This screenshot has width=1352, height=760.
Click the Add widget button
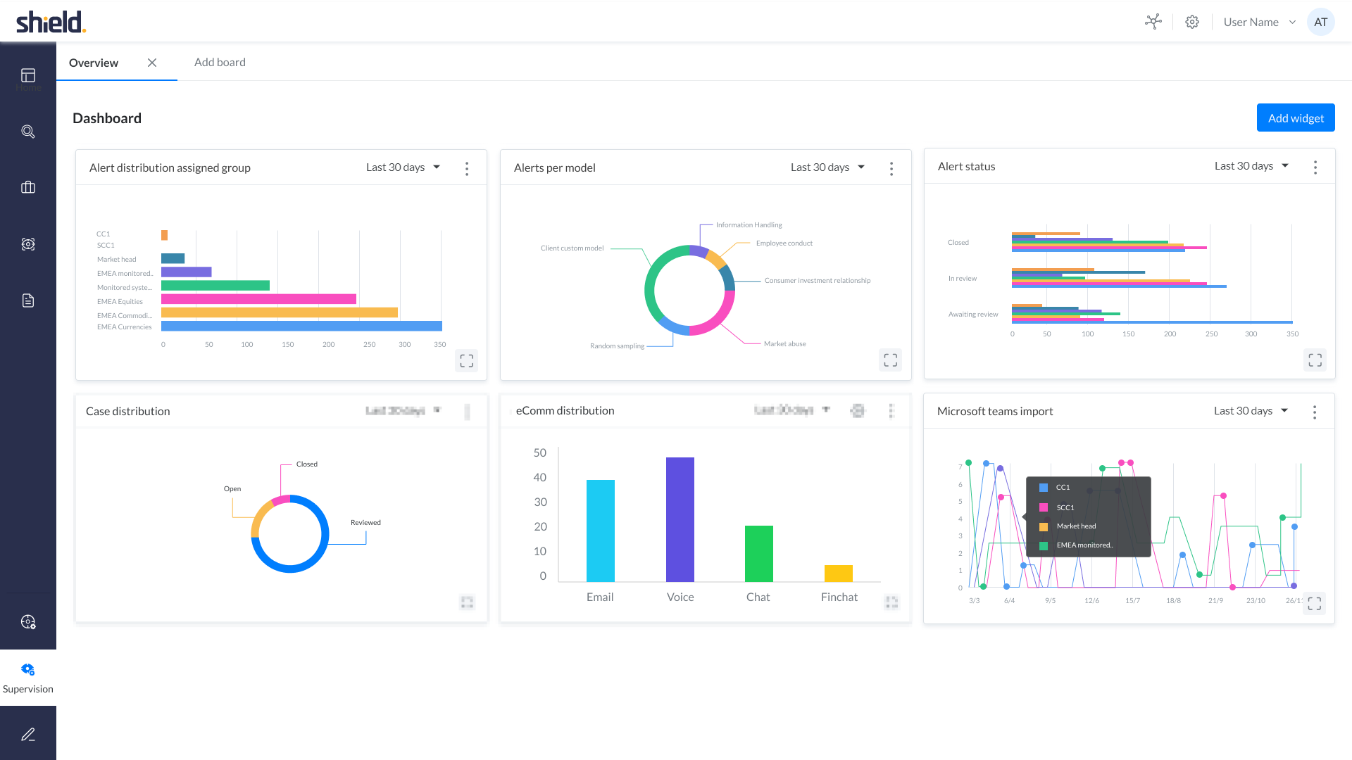tap(1295, 118)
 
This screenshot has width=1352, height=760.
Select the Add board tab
tap(220, 63)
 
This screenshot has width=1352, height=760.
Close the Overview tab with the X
tap(152, 63)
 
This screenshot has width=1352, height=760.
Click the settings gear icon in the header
tap(1191, 23)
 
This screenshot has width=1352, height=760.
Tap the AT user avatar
tap(1320, 23)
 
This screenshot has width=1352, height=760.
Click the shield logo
tap(51, 23)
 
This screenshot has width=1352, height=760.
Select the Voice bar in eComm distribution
tap(680, 519)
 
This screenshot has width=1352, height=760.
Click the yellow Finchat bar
tap(838, 574)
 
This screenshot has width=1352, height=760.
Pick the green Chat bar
tap(758, 553)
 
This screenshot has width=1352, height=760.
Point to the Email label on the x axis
tap(600, 597)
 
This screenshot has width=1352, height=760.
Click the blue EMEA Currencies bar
tap(301, 327)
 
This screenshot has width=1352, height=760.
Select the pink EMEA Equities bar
tap(258, 299)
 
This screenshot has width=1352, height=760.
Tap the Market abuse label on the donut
tap(784, 344)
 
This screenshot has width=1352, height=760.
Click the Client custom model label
tap(572, 248)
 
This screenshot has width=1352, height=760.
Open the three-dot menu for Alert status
tap(1315, 167)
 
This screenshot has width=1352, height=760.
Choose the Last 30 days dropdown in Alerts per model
tap(827, 167)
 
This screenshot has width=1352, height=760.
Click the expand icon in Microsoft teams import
tap(1314, 604)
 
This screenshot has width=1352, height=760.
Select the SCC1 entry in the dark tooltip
tap(1065, 507)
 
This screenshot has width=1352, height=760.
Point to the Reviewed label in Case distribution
tap(365, 523)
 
